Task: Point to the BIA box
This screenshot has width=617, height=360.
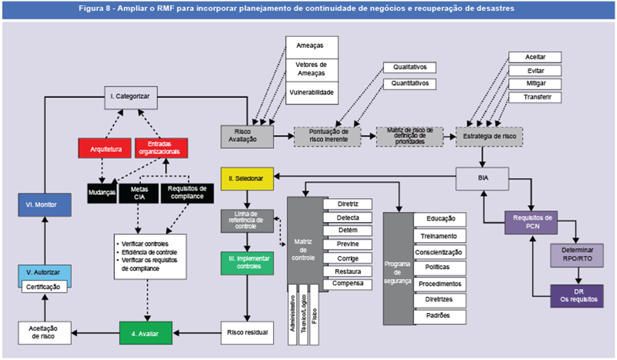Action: pyautogui.click(x=483, y=179)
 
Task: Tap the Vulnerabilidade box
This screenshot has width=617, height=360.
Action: pyautogui.click(x=312, y=91)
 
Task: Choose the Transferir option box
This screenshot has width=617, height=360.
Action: pyautogui.click(x=534, y=97)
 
